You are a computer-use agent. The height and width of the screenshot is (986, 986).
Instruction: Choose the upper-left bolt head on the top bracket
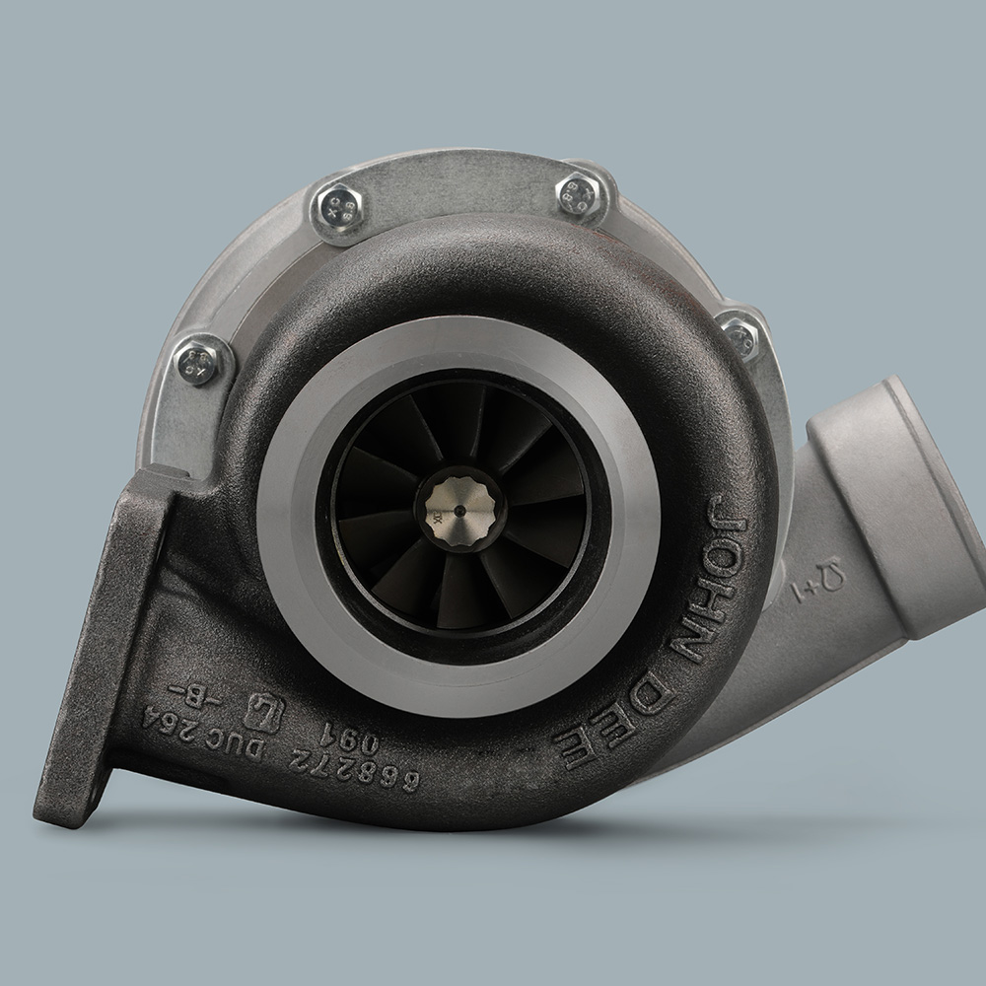[340, 206]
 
